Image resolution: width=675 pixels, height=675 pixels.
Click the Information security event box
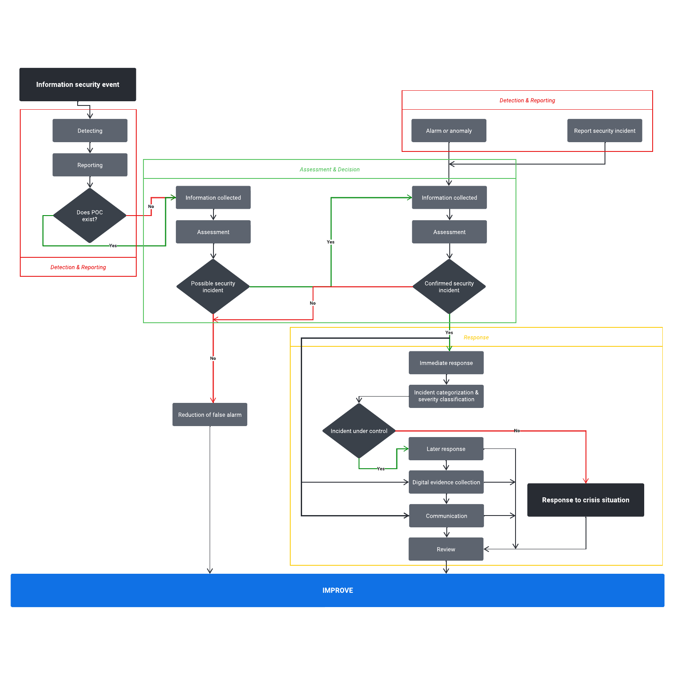coord(78,84)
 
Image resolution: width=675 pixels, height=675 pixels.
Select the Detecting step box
coord(90,131)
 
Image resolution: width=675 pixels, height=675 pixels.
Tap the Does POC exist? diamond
coord(89,216)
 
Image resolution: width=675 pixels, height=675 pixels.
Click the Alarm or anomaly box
coord(449,131)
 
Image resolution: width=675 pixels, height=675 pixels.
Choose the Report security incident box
coord(605,131)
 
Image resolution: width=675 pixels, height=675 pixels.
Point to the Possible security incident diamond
coord(213,287)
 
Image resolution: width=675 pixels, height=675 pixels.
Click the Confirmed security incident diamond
coord(449,287)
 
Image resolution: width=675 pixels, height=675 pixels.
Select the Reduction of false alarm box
coord(210,415)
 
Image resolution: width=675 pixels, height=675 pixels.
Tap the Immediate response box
coord(446,363)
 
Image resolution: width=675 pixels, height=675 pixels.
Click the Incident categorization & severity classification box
coord(446,396)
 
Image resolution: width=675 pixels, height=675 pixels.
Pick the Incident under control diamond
coord(359,431)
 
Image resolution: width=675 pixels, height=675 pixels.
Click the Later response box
coord(446,449)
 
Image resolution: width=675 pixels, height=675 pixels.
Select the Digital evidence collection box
coord(446,482)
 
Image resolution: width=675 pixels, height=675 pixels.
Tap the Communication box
coord(446,516)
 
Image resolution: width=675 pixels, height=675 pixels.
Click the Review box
coord(446,549)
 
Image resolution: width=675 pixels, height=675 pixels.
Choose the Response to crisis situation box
coord(586,500)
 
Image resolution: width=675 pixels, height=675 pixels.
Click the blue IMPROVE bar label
coord(337,590)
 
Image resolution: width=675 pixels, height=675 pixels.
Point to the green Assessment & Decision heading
coord(329,170)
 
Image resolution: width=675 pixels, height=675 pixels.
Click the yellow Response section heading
coord(476,337)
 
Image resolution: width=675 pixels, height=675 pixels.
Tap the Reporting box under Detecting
coord(90,165)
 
